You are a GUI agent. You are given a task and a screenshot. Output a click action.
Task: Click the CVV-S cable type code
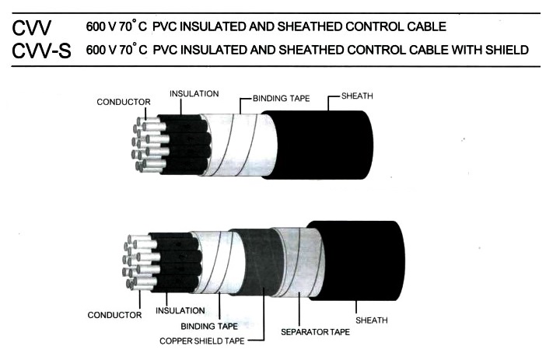tap(41, 51)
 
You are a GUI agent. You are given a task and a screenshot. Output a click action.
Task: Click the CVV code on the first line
tap(31, 28)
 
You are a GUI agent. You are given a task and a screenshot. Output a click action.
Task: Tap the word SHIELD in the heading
tap(507, 50)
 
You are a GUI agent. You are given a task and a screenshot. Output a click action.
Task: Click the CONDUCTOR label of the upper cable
tap(124, 102)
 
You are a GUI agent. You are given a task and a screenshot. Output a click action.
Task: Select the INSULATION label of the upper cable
tap(194, 93)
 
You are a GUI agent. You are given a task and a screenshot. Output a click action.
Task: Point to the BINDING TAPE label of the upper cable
tap(282, 99)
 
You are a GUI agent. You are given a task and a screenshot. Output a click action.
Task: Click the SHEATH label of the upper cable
tap(357, 96)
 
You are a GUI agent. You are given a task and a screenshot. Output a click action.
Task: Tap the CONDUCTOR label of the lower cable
tap(114, 315)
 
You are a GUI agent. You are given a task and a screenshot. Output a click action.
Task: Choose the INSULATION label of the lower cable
tap(180, 310)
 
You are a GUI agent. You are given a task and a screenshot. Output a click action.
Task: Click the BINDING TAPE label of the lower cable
tap(209, 327)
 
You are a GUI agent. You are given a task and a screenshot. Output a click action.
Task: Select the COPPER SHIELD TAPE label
tap(202, 341)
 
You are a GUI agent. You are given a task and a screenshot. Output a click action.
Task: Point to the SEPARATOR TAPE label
tap(315, 332)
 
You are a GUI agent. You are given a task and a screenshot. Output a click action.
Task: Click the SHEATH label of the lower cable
tap(372, 320)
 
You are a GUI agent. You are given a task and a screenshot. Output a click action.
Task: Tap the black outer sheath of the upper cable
tap(320, 145)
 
